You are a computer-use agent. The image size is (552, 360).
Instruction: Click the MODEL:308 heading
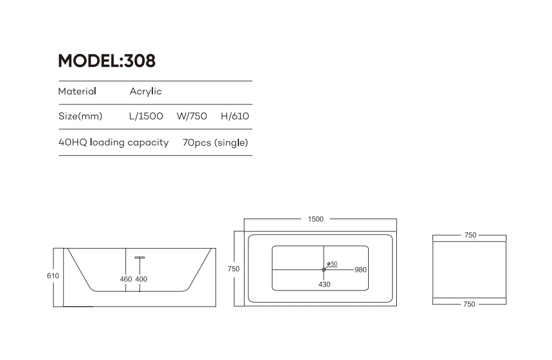coord(107,61)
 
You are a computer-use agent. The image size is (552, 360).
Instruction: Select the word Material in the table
coord(77,92)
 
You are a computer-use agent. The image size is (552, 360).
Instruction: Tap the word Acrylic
coord(146,92)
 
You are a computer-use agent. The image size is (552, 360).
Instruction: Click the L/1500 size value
coord(146,117)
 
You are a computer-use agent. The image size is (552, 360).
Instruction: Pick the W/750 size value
coord(192,117)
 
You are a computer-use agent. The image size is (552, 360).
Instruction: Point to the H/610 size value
coord(235,117)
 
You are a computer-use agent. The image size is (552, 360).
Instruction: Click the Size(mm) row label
coord(80,117)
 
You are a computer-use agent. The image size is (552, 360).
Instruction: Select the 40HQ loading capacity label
coord(114,143)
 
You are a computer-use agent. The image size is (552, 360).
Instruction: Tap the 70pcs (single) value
coord(215,143)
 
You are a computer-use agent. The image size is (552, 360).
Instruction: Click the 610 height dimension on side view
coord(53,276)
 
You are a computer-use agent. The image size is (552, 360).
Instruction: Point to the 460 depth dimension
coord(126,279)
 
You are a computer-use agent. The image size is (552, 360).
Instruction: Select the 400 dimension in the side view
coord(141,279)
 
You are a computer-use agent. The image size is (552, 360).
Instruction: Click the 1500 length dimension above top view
coord(316,219)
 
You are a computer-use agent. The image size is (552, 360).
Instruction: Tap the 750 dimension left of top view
coord(233,269)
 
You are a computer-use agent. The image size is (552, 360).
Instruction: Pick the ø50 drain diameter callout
coord(332,263)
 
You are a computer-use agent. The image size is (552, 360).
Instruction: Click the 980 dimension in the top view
coord(360,270)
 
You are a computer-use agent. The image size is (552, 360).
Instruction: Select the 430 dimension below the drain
coord(324,284)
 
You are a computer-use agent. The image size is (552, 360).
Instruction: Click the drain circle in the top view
coord(324,270)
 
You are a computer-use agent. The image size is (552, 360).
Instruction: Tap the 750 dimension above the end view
coord(470,235)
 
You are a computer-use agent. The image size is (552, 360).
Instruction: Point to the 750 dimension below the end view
coord(469,304)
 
